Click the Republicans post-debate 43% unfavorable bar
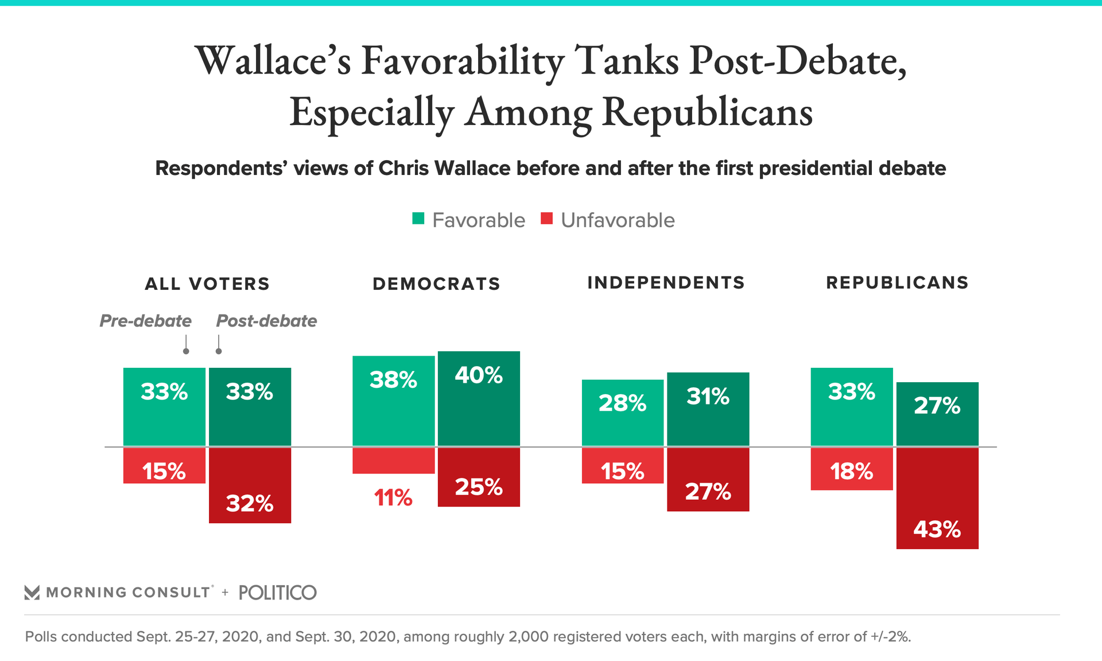(937, 498)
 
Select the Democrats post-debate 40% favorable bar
(479, 398)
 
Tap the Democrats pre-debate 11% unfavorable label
(393, 497)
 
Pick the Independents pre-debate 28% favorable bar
(623, 413)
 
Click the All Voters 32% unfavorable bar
(250, 485)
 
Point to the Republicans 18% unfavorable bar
(852, 469)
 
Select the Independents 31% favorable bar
(708, 409)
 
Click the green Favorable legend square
(418, 219)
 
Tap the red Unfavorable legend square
(546, 219)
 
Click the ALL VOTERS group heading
(207, 284)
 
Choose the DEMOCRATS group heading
(436, 284)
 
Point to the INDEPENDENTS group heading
(666, 283)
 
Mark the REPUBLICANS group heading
(897, 283)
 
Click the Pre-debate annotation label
(145, 321)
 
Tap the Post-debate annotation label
(266, 321)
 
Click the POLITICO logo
(277, 593)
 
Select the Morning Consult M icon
(32, 593)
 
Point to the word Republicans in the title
(707, 112)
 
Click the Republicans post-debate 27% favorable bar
(937, 414)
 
